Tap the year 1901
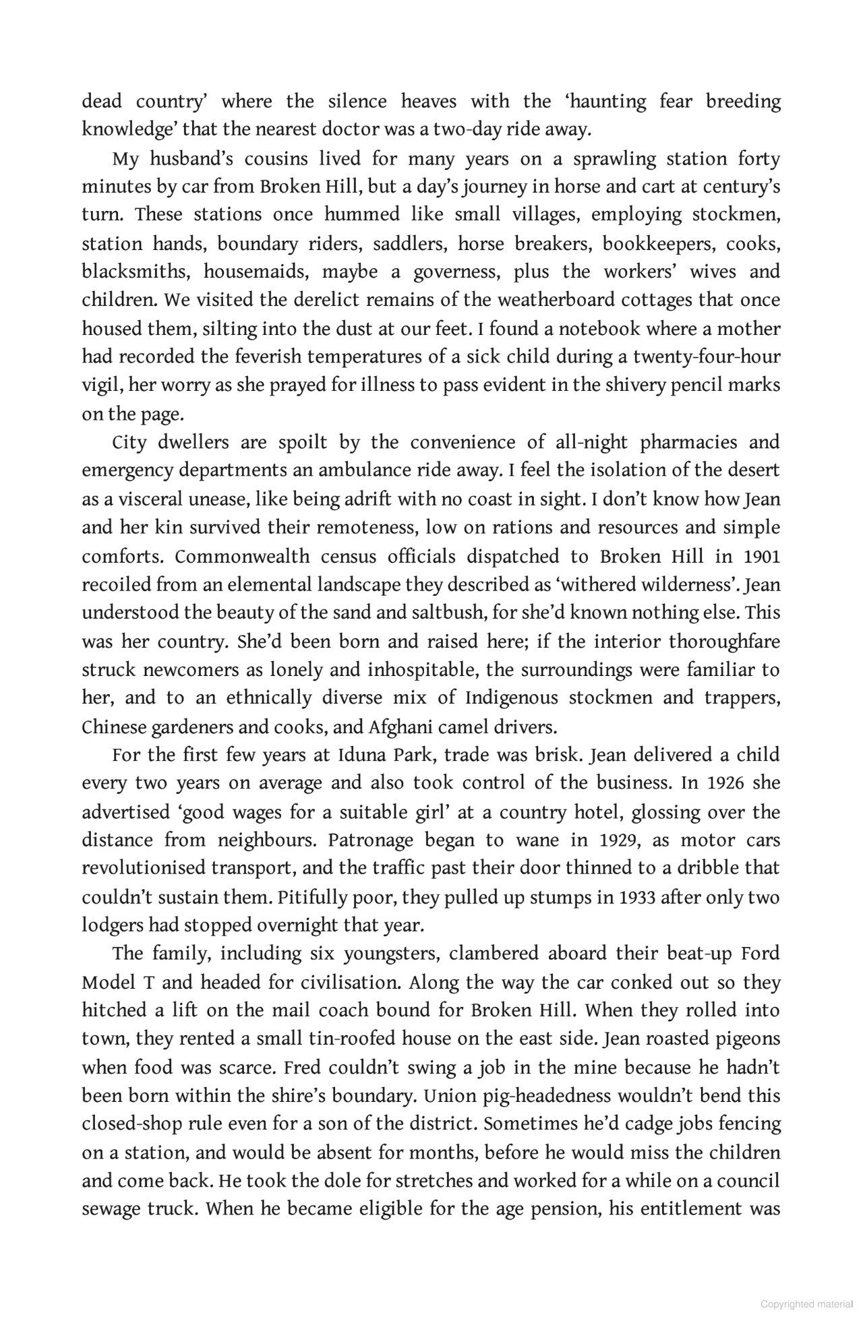(762, 557)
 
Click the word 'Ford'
(761, 954)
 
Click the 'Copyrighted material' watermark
(806, 1304)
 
